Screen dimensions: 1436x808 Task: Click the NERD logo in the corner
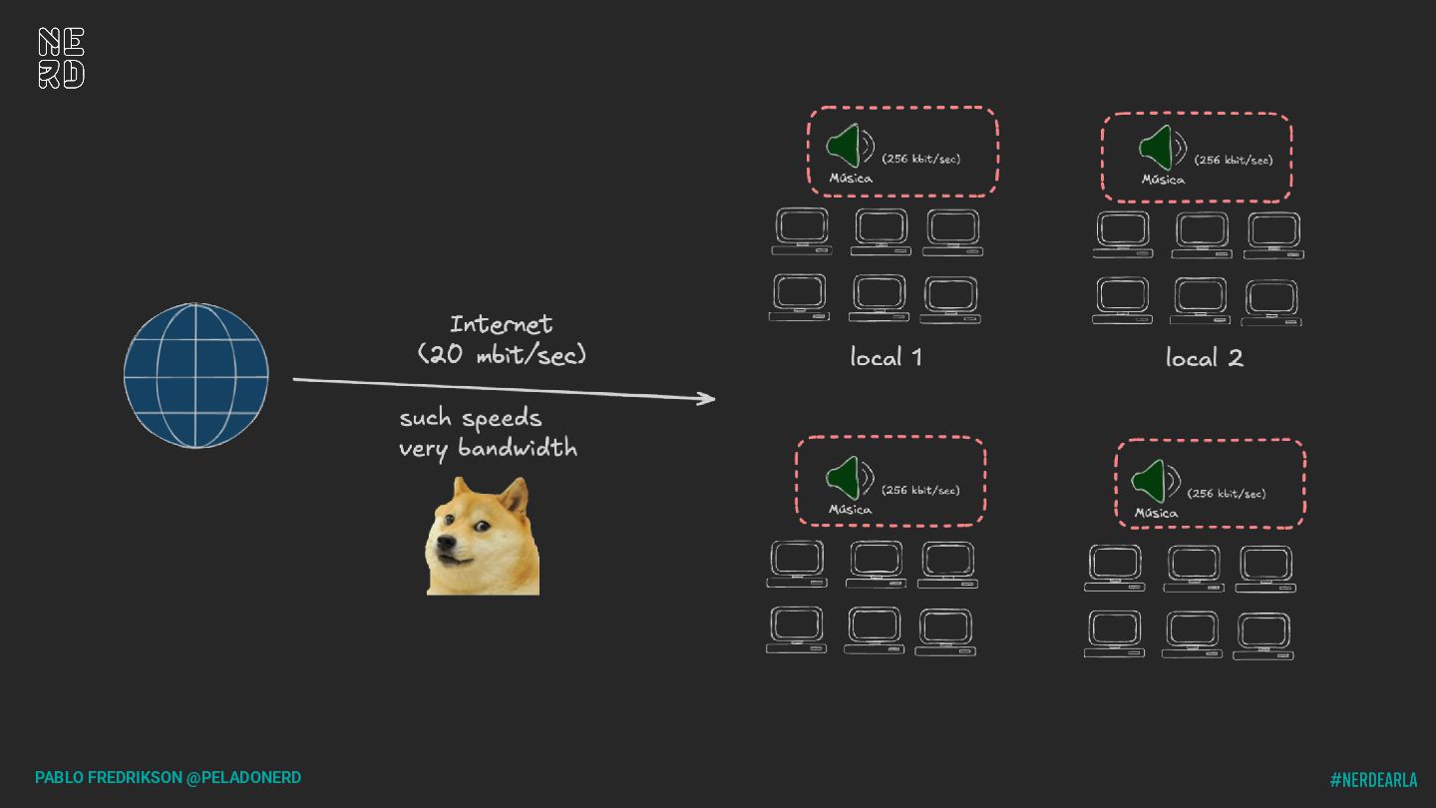click(x=61, y=58)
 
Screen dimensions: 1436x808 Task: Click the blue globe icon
click(x=196, y=375)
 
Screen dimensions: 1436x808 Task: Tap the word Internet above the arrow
click(x=501, y=324)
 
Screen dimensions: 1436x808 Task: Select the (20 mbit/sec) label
click(x=502, y=354)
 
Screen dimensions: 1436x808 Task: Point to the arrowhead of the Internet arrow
click(x=708, y=399)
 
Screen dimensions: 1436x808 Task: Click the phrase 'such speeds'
click(x=471, y=418)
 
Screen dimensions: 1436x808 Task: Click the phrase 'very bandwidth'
click(x=488, y=448)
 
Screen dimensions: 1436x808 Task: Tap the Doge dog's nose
click(x=446, y=545)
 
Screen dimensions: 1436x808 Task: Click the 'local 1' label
click(x=886, y=357)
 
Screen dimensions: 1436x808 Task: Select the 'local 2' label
click(x=1204, y=358)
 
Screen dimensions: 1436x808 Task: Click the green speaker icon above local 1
click(x=845, y=147)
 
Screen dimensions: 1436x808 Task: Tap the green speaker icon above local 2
click(x=1157, y=148)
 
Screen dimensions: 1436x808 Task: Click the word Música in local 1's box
click(x=851, y=179)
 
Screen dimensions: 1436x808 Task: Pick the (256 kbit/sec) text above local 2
click(x=1234, y=160)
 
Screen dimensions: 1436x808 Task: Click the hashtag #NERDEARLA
click(x=1373, y=780)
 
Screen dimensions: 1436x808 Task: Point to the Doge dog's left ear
click(x=460, y=491)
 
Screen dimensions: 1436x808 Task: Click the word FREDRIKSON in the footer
click(x=135, y=777)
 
